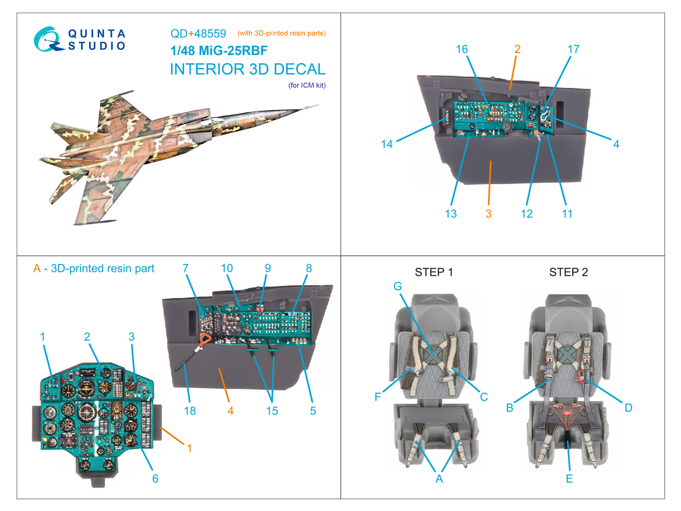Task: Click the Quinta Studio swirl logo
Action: coord(47,40)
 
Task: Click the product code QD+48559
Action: coord(198,34)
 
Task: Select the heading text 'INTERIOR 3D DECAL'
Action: coord(247,69)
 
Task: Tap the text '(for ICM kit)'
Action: coord(307,85)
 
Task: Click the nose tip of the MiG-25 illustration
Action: coord(317,105)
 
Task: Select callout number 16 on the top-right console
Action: coord(462,49)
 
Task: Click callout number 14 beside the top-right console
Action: coord(386,144)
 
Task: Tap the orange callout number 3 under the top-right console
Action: coord(489,214)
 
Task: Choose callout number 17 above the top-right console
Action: coord(573,49)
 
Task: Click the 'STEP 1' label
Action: coord(434,272)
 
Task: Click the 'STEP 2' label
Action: coord(568,272)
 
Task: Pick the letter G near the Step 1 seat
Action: coord(398,286)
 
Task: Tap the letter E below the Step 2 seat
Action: coord(569,479)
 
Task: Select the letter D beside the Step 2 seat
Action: coord(628,408)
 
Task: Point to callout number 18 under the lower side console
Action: coord(190,411)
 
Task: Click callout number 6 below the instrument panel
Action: coord(155,479)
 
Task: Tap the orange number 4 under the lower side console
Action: coord(230,411)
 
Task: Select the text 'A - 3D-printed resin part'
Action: coord(94,269)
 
